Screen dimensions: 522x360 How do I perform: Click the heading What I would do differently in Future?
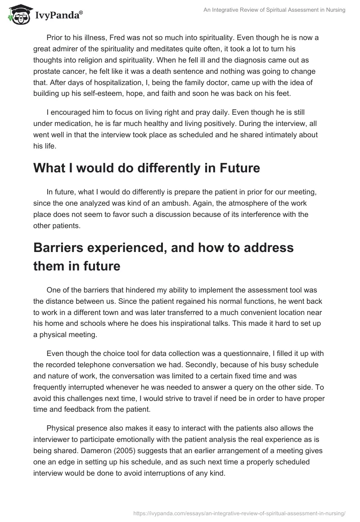147,168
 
